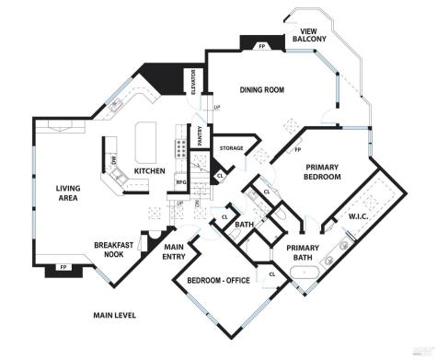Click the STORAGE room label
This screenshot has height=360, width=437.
pyautogui.click(x=231, y=148)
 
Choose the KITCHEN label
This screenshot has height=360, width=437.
pyautogui.click(x=149, y=171)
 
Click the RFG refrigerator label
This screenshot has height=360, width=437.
pyautogui.click(x=181, y=183)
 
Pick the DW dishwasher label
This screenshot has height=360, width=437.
pyautogui.click(x=113, y=168)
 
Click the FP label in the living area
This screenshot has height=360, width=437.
pyautogui.click(x=63, y=268)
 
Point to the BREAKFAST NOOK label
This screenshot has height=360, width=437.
pyautogui.click(x=115, y=250)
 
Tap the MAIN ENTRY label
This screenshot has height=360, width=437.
pyautogui.click(x=175, y=252)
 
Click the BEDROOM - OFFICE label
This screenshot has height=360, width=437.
pyautogui.click(x=219, y=281)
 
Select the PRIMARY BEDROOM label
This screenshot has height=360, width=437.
pyautogui.click(x=324, y=171)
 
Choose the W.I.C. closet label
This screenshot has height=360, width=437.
pyautogui.click(x=359, y=217)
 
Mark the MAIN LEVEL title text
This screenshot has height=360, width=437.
pyautogui.click(x=115, y=316)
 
